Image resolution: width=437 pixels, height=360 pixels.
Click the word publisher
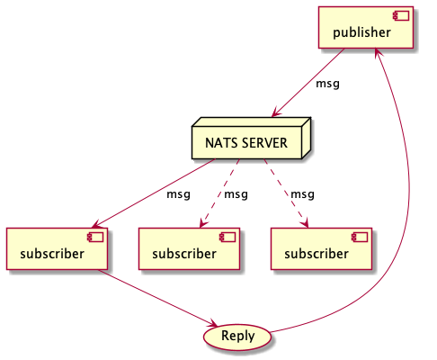tap(361, 32)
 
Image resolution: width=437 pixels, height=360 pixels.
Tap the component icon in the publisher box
tap(401, 15)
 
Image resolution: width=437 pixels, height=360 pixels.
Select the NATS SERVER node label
tap(246, 143)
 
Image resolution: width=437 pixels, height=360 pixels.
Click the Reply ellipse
tap(237, 337)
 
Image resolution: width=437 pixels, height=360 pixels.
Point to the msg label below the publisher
tap(327, 84)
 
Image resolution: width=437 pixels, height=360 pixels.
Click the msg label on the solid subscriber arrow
tap(178, 194)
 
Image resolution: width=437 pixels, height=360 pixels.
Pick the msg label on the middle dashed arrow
tap(236, 194)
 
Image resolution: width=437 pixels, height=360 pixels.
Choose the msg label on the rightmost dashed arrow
tap(302, 194)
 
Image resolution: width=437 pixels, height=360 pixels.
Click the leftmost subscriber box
tap(57, 248)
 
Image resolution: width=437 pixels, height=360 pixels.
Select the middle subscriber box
tap(189, 248)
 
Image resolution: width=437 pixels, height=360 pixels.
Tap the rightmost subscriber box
tap(321, 248)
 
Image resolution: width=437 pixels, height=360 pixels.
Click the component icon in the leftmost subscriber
tap(95, 237)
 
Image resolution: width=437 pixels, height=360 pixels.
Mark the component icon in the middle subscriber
tap(227, 237)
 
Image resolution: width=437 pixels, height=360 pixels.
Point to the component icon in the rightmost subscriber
tap(360, 237)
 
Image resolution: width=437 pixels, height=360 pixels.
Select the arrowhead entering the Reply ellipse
tap(212, 323)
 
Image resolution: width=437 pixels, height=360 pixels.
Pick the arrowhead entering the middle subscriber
tap(204, 223)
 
